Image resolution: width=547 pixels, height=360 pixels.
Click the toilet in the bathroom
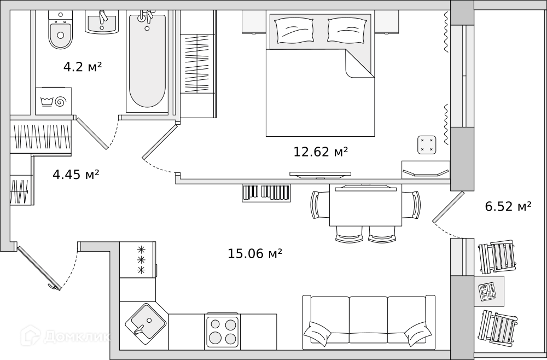[x=61, y=30]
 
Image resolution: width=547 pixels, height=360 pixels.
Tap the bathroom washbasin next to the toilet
[x=102, y=22]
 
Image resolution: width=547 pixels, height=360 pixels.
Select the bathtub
[x=147, y=61]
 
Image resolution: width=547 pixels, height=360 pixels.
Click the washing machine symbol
[x=54, y=101]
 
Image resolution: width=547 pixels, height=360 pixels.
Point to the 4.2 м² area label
[x=83, y=67]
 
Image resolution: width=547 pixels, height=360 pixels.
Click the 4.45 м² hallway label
[x=76, y=174]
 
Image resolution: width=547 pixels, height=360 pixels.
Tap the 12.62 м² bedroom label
[x=321, y=152]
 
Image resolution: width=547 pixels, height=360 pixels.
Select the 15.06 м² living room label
[x=255, y=253]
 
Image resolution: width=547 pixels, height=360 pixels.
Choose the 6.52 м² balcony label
[x=508, y=206]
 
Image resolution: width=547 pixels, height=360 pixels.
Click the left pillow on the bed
[x=294, y=30]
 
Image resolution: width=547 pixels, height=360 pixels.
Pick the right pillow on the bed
[x=347, y=30]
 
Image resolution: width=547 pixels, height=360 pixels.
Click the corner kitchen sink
[x=146, y=321]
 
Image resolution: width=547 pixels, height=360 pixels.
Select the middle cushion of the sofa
[x=368, y=319]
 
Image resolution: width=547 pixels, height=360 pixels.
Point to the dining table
[x=365, y=205]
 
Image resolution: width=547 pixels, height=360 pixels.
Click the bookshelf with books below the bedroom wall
[x=266, y=193]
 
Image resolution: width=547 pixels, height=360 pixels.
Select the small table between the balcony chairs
[x=489, y=291]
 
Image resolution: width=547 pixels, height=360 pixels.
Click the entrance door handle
[x=53, y=286]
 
